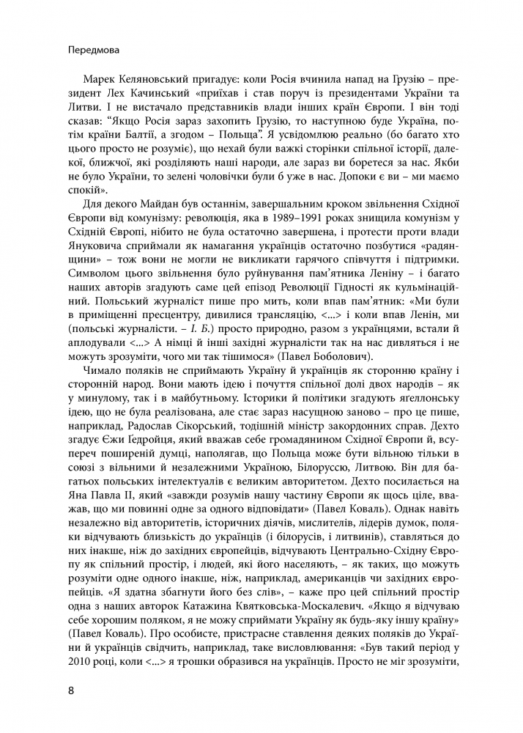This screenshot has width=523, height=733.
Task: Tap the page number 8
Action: coord(70,690)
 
